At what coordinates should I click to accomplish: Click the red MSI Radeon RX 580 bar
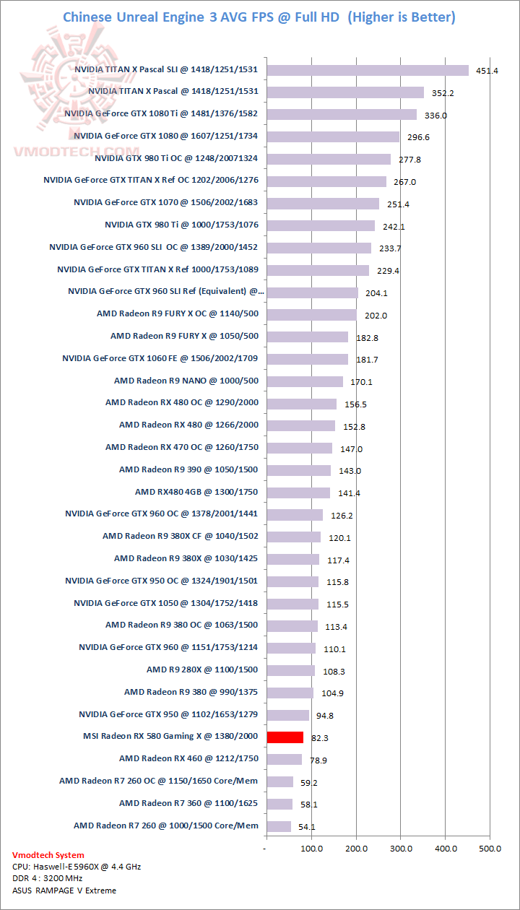[x=285, y=737]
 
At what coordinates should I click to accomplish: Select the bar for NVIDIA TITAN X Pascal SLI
[x=368, y=70]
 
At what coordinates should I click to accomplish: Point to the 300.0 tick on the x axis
[x=401, y=849]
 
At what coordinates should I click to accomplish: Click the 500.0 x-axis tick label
[x=490, y=849]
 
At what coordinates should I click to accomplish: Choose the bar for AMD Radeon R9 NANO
[x=305, y=381]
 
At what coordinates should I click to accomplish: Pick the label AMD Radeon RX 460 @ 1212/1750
[x=188, y=758]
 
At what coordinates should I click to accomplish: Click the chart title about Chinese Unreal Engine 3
[x=259, y=17]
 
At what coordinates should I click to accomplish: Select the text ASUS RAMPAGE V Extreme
[x=64, y=890]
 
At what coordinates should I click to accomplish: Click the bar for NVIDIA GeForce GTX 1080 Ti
[x=342, y=114]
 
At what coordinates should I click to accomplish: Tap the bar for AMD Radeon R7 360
[x=279, y=804]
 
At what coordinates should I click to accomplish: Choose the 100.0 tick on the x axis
[x=311, y=849]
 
